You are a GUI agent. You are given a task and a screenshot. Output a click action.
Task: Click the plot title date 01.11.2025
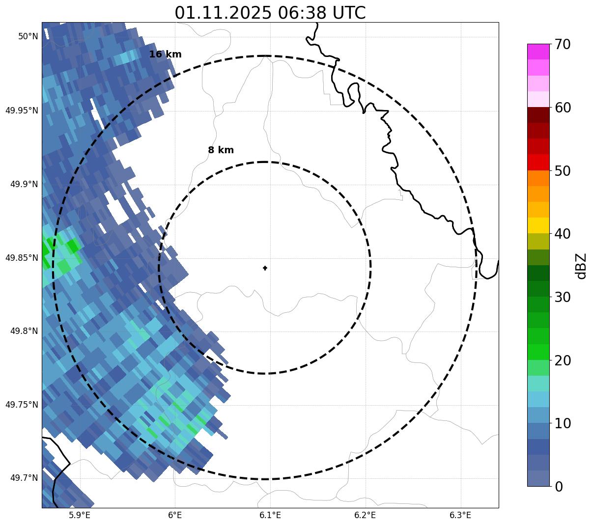click(x=223, y=13)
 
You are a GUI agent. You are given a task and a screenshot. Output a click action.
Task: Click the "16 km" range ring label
click(x=165, y=55)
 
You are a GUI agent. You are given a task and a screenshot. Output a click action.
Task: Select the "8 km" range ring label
click(x=221, y=150)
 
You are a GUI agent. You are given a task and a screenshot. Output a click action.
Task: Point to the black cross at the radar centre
click(x=265, y=268)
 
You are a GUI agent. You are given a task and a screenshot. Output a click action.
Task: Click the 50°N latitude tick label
click(x=28, y=36)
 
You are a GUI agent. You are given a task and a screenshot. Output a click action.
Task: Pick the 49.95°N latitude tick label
click(x=22, y=110)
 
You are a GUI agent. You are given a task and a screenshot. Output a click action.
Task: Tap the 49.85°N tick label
click(x=22, y=257)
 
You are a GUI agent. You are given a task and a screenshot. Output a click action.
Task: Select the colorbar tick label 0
click(x=559, y=487)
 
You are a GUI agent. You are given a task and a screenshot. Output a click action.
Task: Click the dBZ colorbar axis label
click(x=581, y=266)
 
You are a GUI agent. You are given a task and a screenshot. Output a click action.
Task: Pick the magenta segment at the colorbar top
click(x=538, y=52)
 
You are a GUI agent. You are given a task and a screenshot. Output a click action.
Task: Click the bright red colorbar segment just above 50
click(x=538, y=162)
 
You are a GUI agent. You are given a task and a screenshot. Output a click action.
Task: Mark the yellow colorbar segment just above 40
click(x=538, y=225)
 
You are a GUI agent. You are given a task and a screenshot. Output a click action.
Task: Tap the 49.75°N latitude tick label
click(x=22, y=405)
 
